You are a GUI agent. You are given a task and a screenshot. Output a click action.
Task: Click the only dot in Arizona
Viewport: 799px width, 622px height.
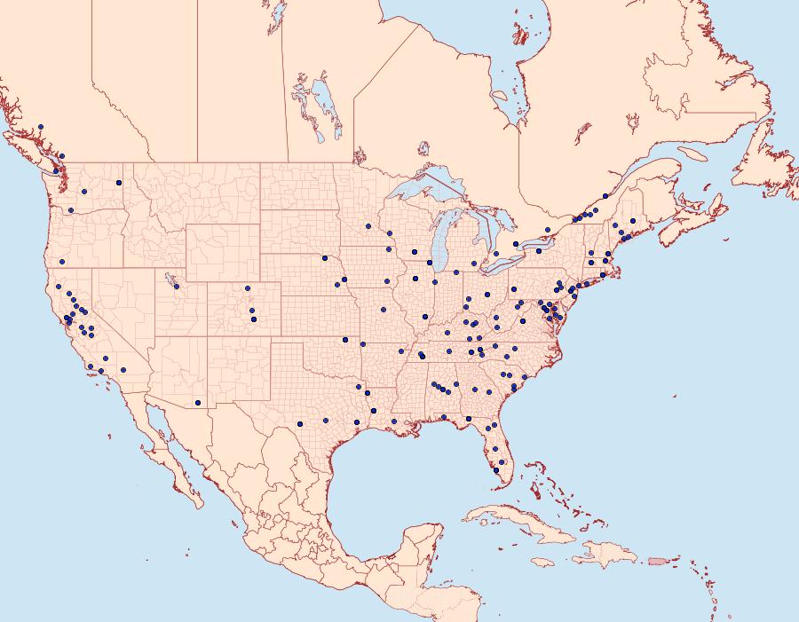tap(198, 403)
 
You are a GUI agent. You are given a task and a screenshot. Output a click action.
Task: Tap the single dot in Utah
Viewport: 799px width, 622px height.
tap(177, 286)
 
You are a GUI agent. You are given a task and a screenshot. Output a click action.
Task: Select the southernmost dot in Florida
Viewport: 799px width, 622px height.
tap(496, 471)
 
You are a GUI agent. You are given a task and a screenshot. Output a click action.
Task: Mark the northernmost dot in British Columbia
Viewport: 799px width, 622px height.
tap(41, 127)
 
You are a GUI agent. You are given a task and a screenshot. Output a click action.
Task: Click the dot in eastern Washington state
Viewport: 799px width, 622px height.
tap(118, 183)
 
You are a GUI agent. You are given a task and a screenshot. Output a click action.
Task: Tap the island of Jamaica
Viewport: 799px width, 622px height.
tap(542, 562)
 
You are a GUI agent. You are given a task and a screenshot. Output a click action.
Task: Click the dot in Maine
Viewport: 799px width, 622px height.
tap(632, 220)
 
